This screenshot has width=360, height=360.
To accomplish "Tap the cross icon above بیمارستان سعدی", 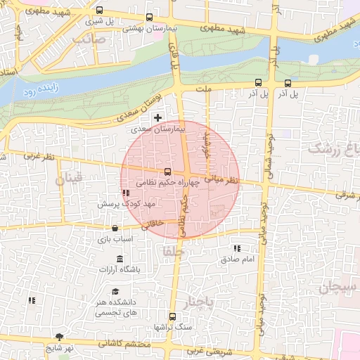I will [157, 117].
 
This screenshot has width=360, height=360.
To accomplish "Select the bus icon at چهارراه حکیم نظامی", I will [167, 172].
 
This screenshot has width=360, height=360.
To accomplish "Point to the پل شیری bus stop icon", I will [99, 11].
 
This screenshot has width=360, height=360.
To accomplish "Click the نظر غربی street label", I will [39, 157].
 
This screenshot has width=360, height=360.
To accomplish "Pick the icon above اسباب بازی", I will [115, 229].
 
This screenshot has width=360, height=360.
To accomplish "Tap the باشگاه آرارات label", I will [120, 269].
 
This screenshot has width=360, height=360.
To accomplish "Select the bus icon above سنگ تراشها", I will [172, 316].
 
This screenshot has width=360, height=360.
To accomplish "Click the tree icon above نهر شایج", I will [59, 337].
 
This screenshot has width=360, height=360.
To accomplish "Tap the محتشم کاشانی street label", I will [120, 345].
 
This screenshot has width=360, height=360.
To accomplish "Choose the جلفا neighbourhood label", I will [173, 250].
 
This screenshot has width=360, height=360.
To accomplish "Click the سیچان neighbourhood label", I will [337, 286].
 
